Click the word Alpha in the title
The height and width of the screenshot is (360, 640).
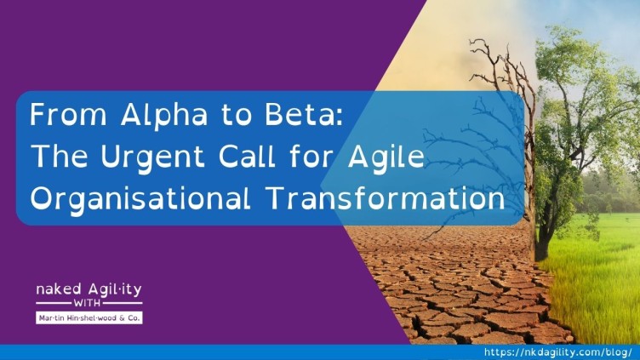pos(163,115)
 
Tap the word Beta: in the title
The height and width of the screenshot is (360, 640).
pos(304,114)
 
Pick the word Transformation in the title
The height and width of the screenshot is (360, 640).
pos(386,198)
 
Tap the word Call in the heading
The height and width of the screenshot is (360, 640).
pos(247,157)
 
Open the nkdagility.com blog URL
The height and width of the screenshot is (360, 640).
pos(558,352)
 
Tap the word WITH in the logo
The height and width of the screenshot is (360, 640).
pos(87,303)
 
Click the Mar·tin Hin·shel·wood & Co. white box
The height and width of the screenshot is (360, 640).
pos(89,317)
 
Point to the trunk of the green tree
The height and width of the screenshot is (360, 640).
pos(544,229)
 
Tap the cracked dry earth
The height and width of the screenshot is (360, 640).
pos(457,286)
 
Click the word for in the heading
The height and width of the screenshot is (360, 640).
pos(311,157)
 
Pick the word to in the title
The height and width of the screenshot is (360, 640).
pos(237,115)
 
